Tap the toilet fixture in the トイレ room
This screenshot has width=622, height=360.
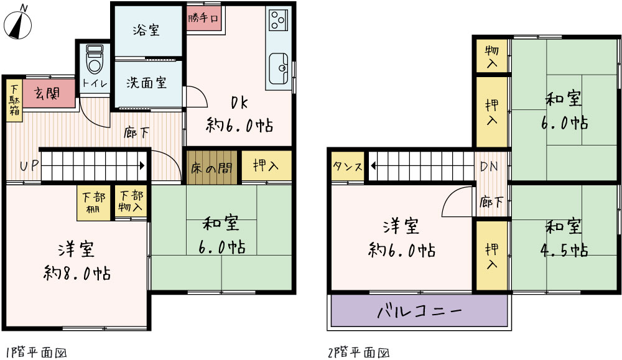95,59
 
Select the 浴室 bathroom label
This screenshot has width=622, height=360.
146,30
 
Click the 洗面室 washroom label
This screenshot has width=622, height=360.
146,83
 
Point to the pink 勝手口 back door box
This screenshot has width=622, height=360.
203,18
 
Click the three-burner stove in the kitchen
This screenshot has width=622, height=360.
277,20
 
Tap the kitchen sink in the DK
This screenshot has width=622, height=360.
279,68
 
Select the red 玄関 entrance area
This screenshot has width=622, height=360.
49,93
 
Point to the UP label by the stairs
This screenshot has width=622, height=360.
29,165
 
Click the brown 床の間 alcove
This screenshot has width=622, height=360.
212,167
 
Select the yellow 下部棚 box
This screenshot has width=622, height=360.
94,203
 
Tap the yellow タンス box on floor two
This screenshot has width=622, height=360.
348,166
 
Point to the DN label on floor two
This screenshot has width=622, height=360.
489,166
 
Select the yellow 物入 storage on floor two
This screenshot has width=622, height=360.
491,56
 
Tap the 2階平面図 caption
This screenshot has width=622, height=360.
359,352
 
